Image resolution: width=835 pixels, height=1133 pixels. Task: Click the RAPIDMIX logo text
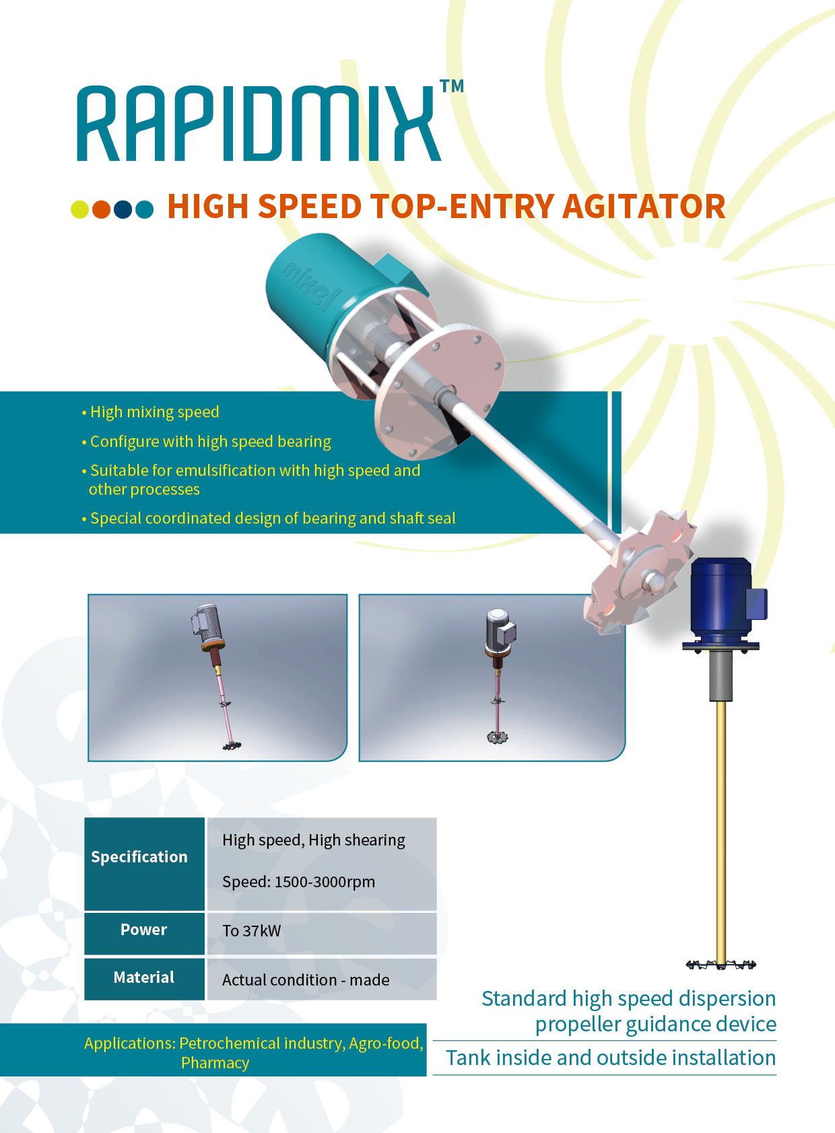[x=258, y=123]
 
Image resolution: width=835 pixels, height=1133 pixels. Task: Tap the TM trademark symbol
[x=452, y=86]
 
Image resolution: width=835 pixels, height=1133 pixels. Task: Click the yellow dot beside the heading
[x=80, y=209]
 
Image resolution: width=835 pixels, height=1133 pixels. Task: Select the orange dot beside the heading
[x=101, y=209]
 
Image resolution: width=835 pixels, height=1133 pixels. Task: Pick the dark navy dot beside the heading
[x=123, y=209]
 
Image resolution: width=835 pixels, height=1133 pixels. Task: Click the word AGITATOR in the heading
[x=644, y=207]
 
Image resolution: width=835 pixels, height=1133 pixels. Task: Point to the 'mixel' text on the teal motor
[x=312, y=285]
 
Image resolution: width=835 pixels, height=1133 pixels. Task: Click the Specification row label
[x=139, y=857]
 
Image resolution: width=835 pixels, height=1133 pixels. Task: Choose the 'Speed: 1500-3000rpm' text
[x=298, y=882]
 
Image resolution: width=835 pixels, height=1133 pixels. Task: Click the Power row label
[x=143, y=930]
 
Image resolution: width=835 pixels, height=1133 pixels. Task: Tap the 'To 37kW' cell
[x=252, y=931]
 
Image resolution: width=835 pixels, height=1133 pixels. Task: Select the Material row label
[x=143, y=977]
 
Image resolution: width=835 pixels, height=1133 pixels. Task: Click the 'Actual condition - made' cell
[x=306, y=980]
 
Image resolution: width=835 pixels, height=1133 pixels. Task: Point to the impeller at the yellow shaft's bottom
[x=721, y=965]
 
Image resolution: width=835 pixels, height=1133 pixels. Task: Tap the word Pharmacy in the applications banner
[x=215, y=1063]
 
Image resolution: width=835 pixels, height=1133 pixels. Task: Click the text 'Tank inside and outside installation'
[x=611, y=1058]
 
